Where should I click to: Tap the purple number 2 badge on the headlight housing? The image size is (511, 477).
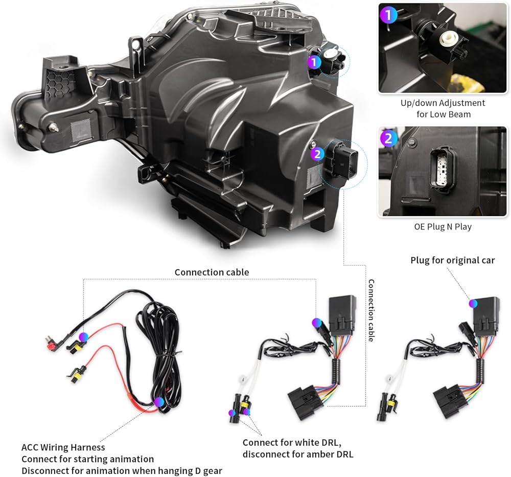pos(317,153)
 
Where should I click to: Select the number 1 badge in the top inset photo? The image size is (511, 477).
pos(389,15)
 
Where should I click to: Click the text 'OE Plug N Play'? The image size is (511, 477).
pos(443,226)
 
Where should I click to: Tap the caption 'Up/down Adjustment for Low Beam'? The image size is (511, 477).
pos(443,108)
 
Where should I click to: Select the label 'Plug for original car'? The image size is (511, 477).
pos(453,260)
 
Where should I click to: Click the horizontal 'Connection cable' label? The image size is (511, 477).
pos(212,272)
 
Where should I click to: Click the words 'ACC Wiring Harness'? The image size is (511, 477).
pos(63,448)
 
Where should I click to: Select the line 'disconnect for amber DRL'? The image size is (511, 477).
pos(297,454)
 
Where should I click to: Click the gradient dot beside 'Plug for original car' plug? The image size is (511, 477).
pos(474,303)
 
